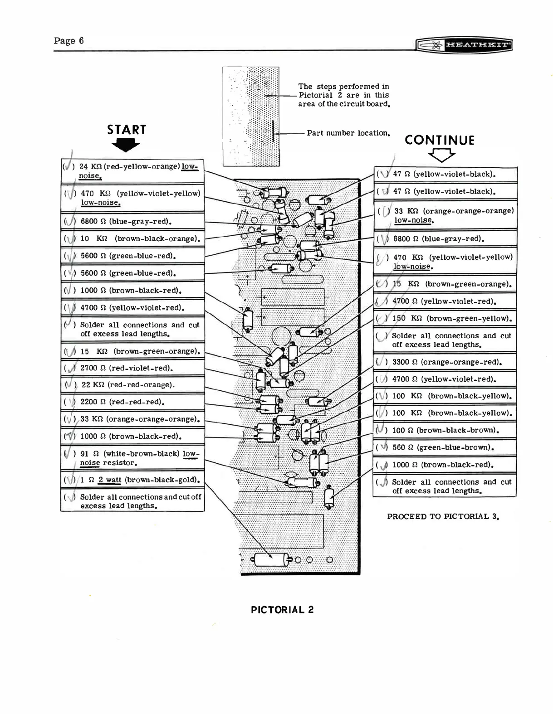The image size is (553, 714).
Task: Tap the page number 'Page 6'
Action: (x=69, y=40)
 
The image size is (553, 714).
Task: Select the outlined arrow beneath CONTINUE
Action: (x=441, y=155)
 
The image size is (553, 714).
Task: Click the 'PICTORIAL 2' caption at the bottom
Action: (x=282, y=609)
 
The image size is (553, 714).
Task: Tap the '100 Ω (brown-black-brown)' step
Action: (x=445, y=430)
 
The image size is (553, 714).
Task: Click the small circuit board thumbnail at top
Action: (x=250, y=117)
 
